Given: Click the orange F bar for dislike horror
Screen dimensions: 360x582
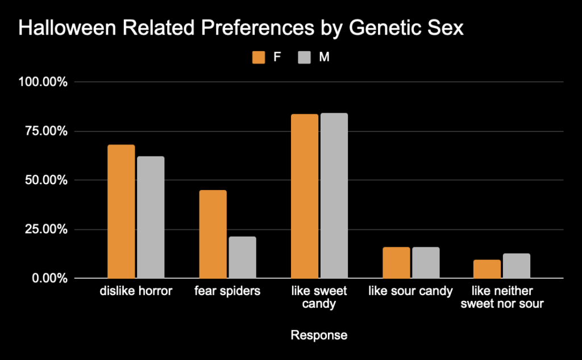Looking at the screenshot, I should (x=121, y=212).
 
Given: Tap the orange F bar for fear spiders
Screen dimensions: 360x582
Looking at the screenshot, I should (x=213, y=234).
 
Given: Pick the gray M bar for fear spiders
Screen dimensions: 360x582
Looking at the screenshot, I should (x=242, y=258).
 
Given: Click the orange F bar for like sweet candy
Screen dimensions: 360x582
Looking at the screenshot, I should (x=304, y=196).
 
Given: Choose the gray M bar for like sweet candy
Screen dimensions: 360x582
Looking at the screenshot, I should (x=334, y=196).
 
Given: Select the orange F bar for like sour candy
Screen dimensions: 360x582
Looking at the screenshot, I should (x=396, y=263).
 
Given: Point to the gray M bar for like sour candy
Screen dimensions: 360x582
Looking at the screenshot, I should (x=426, y=263).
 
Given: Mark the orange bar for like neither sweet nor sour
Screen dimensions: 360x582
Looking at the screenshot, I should (x=488, y=269).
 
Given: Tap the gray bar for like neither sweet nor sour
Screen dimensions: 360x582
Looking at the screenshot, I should (x=517, y=266).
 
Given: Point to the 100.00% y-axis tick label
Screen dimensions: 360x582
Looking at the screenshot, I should (x=43, y=82).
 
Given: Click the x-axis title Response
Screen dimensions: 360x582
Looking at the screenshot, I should (x=318, y=336).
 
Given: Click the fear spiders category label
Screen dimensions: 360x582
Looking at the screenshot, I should (x=227, y=292).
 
